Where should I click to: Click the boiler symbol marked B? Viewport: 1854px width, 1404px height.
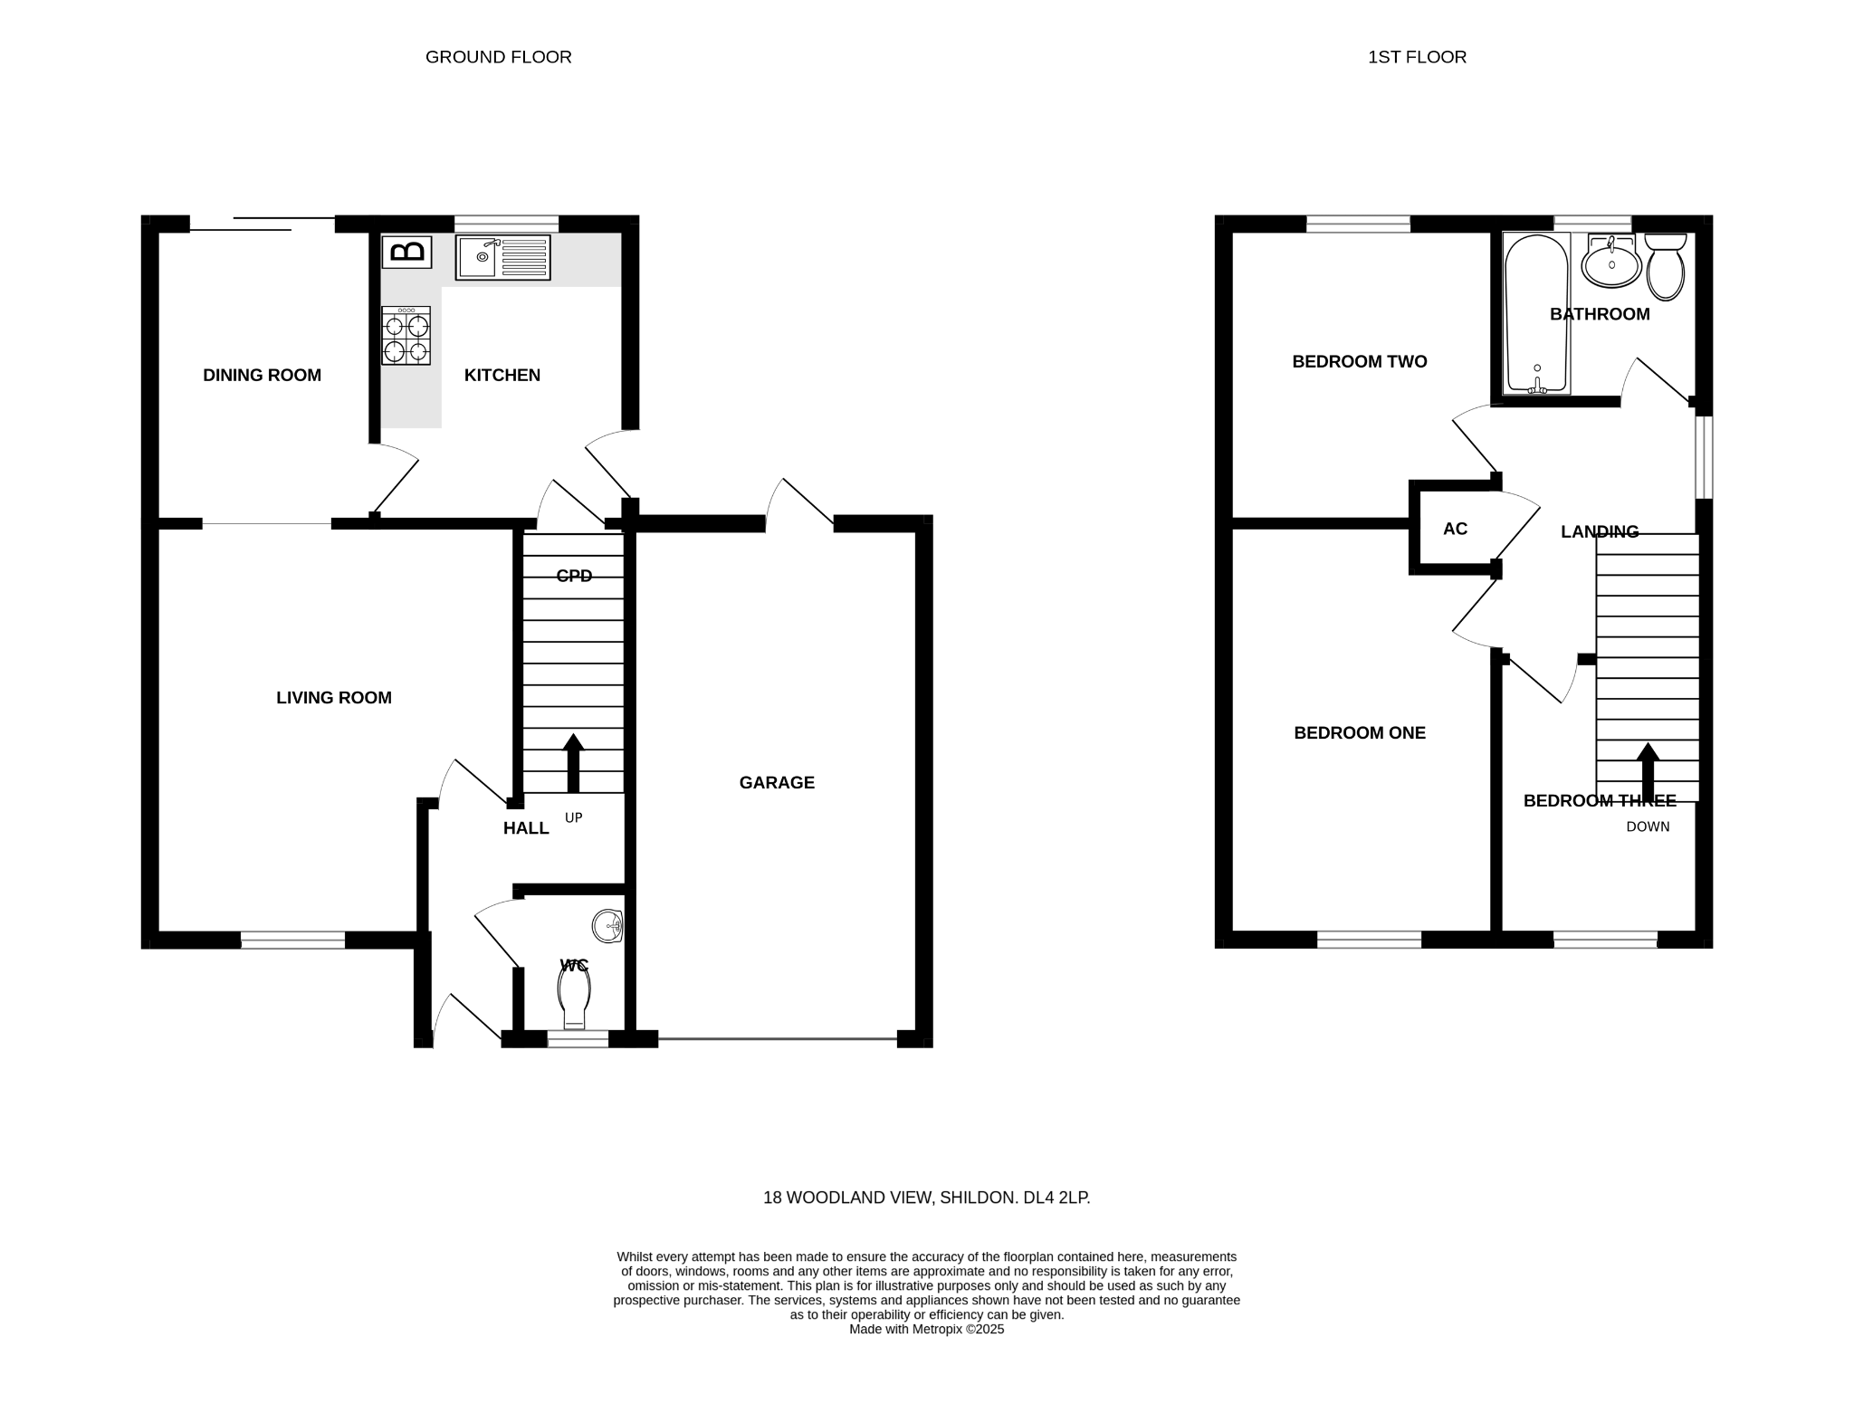406,251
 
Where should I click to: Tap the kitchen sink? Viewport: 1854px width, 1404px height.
502,257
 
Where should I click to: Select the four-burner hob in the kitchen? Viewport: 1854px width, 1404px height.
406,336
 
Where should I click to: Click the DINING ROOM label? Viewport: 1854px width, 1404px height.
262,375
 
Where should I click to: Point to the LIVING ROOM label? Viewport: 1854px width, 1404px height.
334,697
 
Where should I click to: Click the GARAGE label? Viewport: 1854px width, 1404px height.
777,782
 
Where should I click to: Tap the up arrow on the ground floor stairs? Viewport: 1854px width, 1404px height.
573,763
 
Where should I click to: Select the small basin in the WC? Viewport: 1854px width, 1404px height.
608,926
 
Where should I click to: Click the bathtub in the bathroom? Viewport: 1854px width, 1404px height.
1536,314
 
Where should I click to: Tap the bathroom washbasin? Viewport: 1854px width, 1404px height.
1611,262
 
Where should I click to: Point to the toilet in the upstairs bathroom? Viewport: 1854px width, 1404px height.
1666,267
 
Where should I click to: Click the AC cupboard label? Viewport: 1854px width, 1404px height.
1455,529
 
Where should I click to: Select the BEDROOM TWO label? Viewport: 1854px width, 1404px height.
1360,361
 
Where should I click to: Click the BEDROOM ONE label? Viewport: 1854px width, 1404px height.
1360,732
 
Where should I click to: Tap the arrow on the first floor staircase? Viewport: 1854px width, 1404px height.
1648,772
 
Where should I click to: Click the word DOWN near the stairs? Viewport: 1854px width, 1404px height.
1648,826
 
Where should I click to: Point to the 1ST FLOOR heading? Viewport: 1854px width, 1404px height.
1417,57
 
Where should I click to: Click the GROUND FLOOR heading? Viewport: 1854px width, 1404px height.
499,57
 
